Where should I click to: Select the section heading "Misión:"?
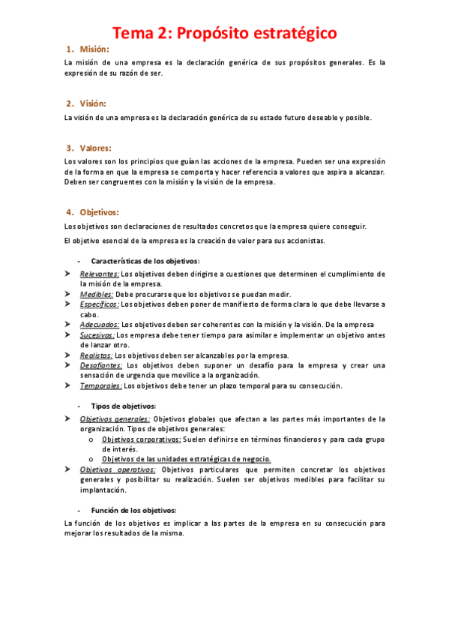(x=94, y=49)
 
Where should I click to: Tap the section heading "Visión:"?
(x=93, y=103)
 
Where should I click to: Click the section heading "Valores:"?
(x=95, y=148)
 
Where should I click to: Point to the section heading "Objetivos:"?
(x=99, y=212)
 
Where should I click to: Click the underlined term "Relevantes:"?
(x=100, y=274)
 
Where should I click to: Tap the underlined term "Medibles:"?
(x=97, y=295)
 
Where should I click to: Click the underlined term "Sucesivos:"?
(x=97, y=335)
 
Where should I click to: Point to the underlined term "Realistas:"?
(x=97, y=355)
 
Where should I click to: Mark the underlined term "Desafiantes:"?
(x=100, y=365)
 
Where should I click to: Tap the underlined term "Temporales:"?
(x=101, y=385)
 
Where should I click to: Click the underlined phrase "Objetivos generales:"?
(x=115, y=419)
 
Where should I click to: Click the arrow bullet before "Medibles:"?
(x=67, y=295)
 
